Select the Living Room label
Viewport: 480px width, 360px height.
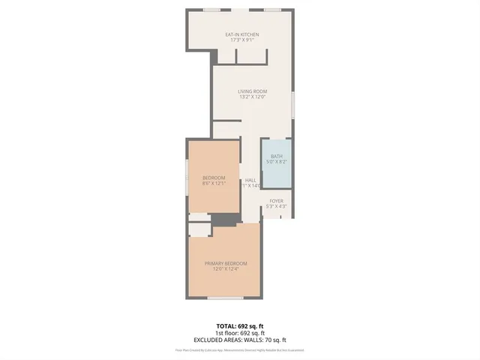(x=253, y=91)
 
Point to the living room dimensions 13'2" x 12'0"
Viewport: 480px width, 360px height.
(x=253, y=97)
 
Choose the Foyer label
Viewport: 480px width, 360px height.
(x=277, y=201)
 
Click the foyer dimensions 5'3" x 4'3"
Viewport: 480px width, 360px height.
(x=277, y=206)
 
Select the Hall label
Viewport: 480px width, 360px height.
(x=250, y=180)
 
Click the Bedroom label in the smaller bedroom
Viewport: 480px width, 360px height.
(x=213, y=177)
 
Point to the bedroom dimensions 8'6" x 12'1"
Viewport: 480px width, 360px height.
(x=213, y=183)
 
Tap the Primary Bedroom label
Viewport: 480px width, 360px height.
(x=226, y=263)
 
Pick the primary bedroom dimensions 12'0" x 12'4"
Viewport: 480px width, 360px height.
(x=226, y=269)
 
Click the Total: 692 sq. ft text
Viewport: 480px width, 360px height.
(x=240, y=325)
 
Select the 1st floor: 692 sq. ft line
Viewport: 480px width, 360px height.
(x=240, y=332)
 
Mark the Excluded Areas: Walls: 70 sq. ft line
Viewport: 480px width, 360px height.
(x=240, y=340)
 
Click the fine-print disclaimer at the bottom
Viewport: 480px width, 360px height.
(x=240, y=349)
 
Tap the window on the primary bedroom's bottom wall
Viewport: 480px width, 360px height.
(x=225, y=298)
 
